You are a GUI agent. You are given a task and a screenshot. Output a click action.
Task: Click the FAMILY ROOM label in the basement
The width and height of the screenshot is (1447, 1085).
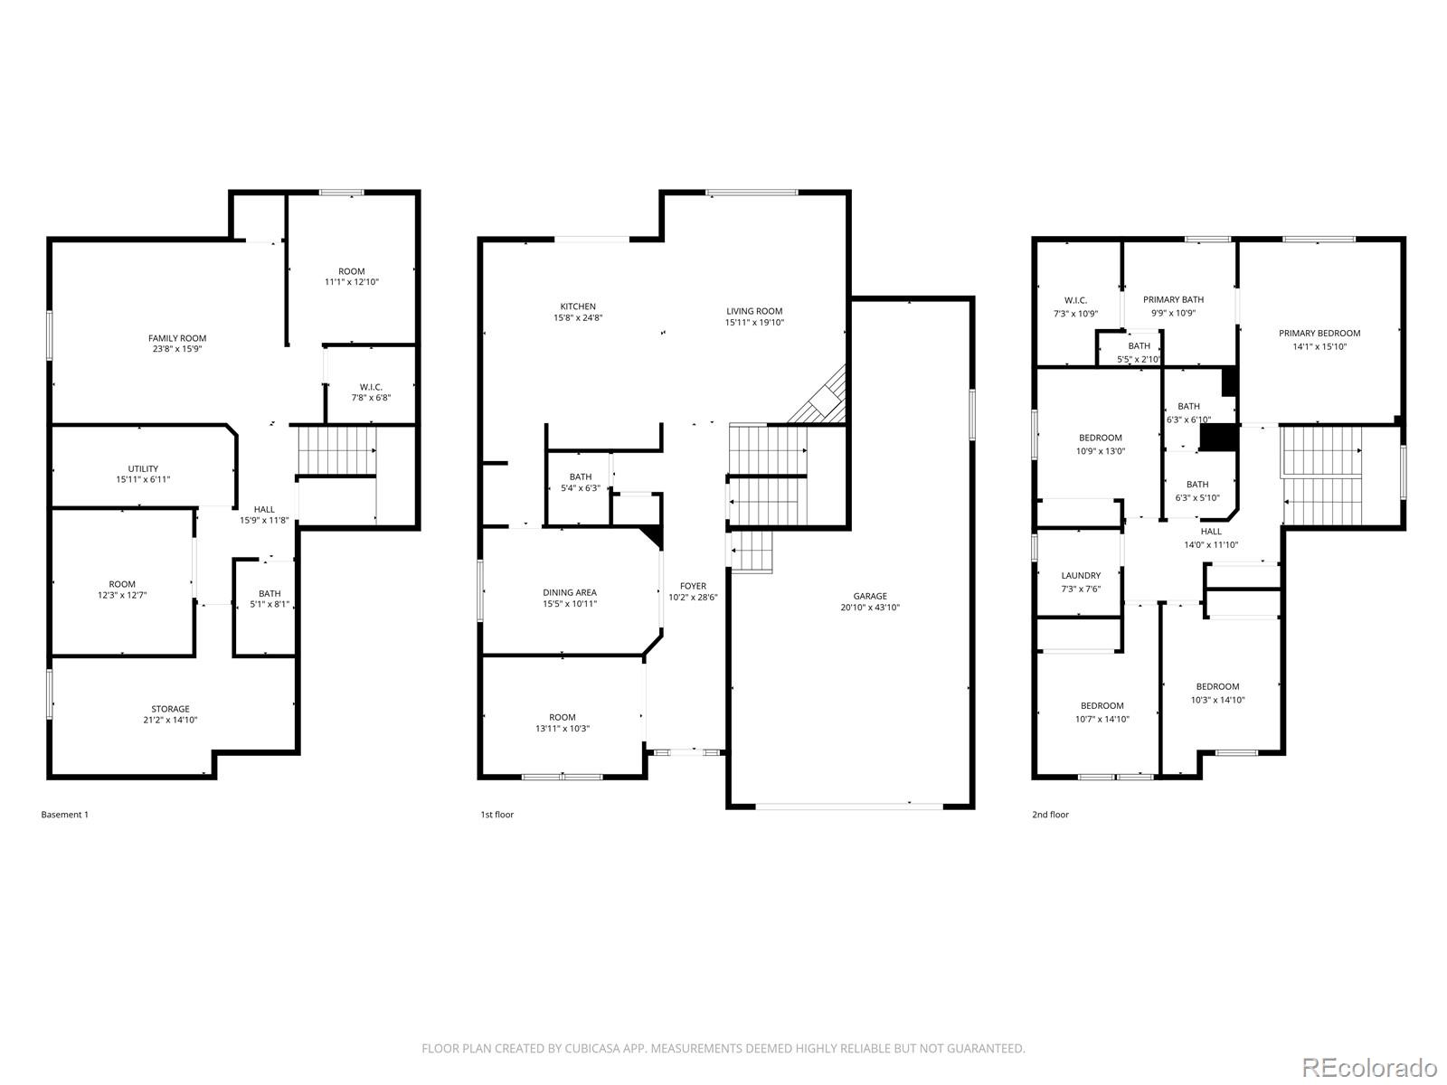[x=177, y=338]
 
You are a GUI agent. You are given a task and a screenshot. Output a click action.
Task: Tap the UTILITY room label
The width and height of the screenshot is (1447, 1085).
[x=143, y=468]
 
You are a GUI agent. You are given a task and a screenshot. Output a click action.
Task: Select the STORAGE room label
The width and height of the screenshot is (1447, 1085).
[x=170, y=709]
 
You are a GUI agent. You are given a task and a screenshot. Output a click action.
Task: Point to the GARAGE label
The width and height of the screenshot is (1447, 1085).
[x=870, y=596]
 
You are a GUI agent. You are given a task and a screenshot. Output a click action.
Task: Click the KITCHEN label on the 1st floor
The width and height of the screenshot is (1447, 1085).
[x=578, y=307]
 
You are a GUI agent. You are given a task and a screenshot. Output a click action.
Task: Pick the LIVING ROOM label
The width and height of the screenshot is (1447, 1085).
[x=754, y=311]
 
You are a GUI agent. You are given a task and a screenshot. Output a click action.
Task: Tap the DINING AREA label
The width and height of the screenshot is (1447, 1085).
[x=570, y=593]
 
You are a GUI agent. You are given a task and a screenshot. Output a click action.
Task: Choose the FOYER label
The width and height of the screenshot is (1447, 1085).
[x=693, y=586]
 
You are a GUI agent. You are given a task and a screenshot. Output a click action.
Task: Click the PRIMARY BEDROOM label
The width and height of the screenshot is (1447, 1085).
[x=1319, y=333]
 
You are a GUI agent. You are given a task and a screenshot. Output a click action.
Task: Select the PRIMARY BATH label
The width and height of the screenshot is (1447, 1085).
[x=1173, y=299]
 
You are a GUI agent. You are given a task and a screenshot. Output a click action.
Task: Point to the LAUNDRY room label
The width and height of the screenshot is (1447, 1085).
[x=1081, y=575]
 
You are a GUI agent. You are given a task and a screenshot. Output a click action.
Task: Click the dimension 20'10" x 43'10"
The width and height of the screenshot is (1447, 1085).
[x=870, y=608]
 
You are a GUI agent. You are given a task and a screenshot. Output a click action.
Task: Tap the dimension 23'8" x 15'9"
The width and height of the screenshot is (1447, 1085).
[x=177, y=349]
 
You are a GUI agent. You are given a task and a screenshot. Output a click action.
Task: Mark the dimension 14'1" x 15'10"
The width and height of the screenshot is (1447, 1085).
[x=1319, y=345]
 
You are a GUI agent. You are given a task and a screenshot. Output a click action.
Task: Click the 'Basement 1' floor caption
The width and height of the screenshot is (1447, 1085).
[x=65, y=815]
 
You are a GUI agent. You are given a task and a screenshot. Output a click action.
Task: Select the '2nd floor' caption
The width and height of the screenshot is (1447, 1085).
[x=1050, y=815]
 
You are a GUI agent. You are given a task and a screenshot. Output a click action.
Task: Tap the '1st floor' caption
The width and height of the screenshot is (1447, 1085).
[x=497, y=815]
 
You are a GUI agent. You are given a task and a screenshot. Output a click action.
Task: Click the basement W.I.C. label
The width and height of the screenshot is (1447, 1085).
[x=371, y=387]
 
